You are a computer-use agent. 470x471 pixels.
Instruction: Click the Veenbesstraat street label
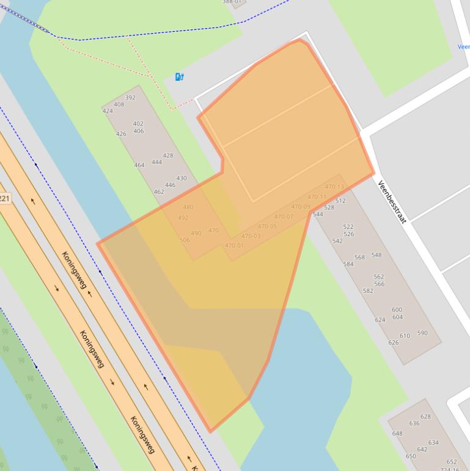[392, 202]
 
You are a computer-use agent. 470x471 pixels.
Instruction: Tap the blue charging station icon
[179, 76]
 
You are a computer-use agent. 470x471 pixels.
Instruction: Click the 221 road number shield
[4, 198]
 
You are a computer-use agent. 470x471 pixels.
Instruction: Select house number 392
[130, 97]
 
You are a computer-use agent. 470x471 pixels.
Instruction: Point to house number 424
[108, 111]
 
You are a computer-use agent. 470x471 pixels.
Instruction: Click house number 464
[139, 165]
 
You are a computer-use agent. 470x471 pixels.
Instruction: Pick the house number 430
[182, 179]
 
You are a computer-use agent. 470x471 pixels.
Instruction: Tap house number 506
[185, 240]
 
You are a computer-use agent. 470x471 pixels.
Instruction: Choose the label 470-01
[234, 245]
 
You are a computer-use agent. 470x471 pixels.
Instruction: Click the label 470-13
[334, 187]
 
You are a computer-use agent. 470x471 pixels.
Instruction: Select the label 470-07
[284, 217]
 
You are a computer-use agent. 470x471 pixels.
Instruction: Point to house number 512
[340, 201]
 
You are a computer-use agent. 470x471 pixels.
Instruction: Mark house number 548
[376, 255]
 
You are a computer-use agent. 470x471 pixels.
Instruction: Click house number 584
[348, 264]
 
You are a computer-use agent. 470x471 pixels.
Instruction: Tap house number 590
[422, 333]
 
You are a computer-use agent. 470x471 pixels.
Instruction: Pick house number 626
[394, 343]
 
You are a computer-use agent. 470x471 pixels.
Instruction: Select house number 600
[397, 310]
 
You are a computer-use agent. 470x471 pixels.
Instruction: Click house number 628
[425, 417]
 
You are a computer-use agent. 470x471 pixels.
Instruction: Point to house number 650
[411, 456]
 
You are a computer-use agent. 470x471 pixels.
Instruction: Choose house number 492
[183, 218]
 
